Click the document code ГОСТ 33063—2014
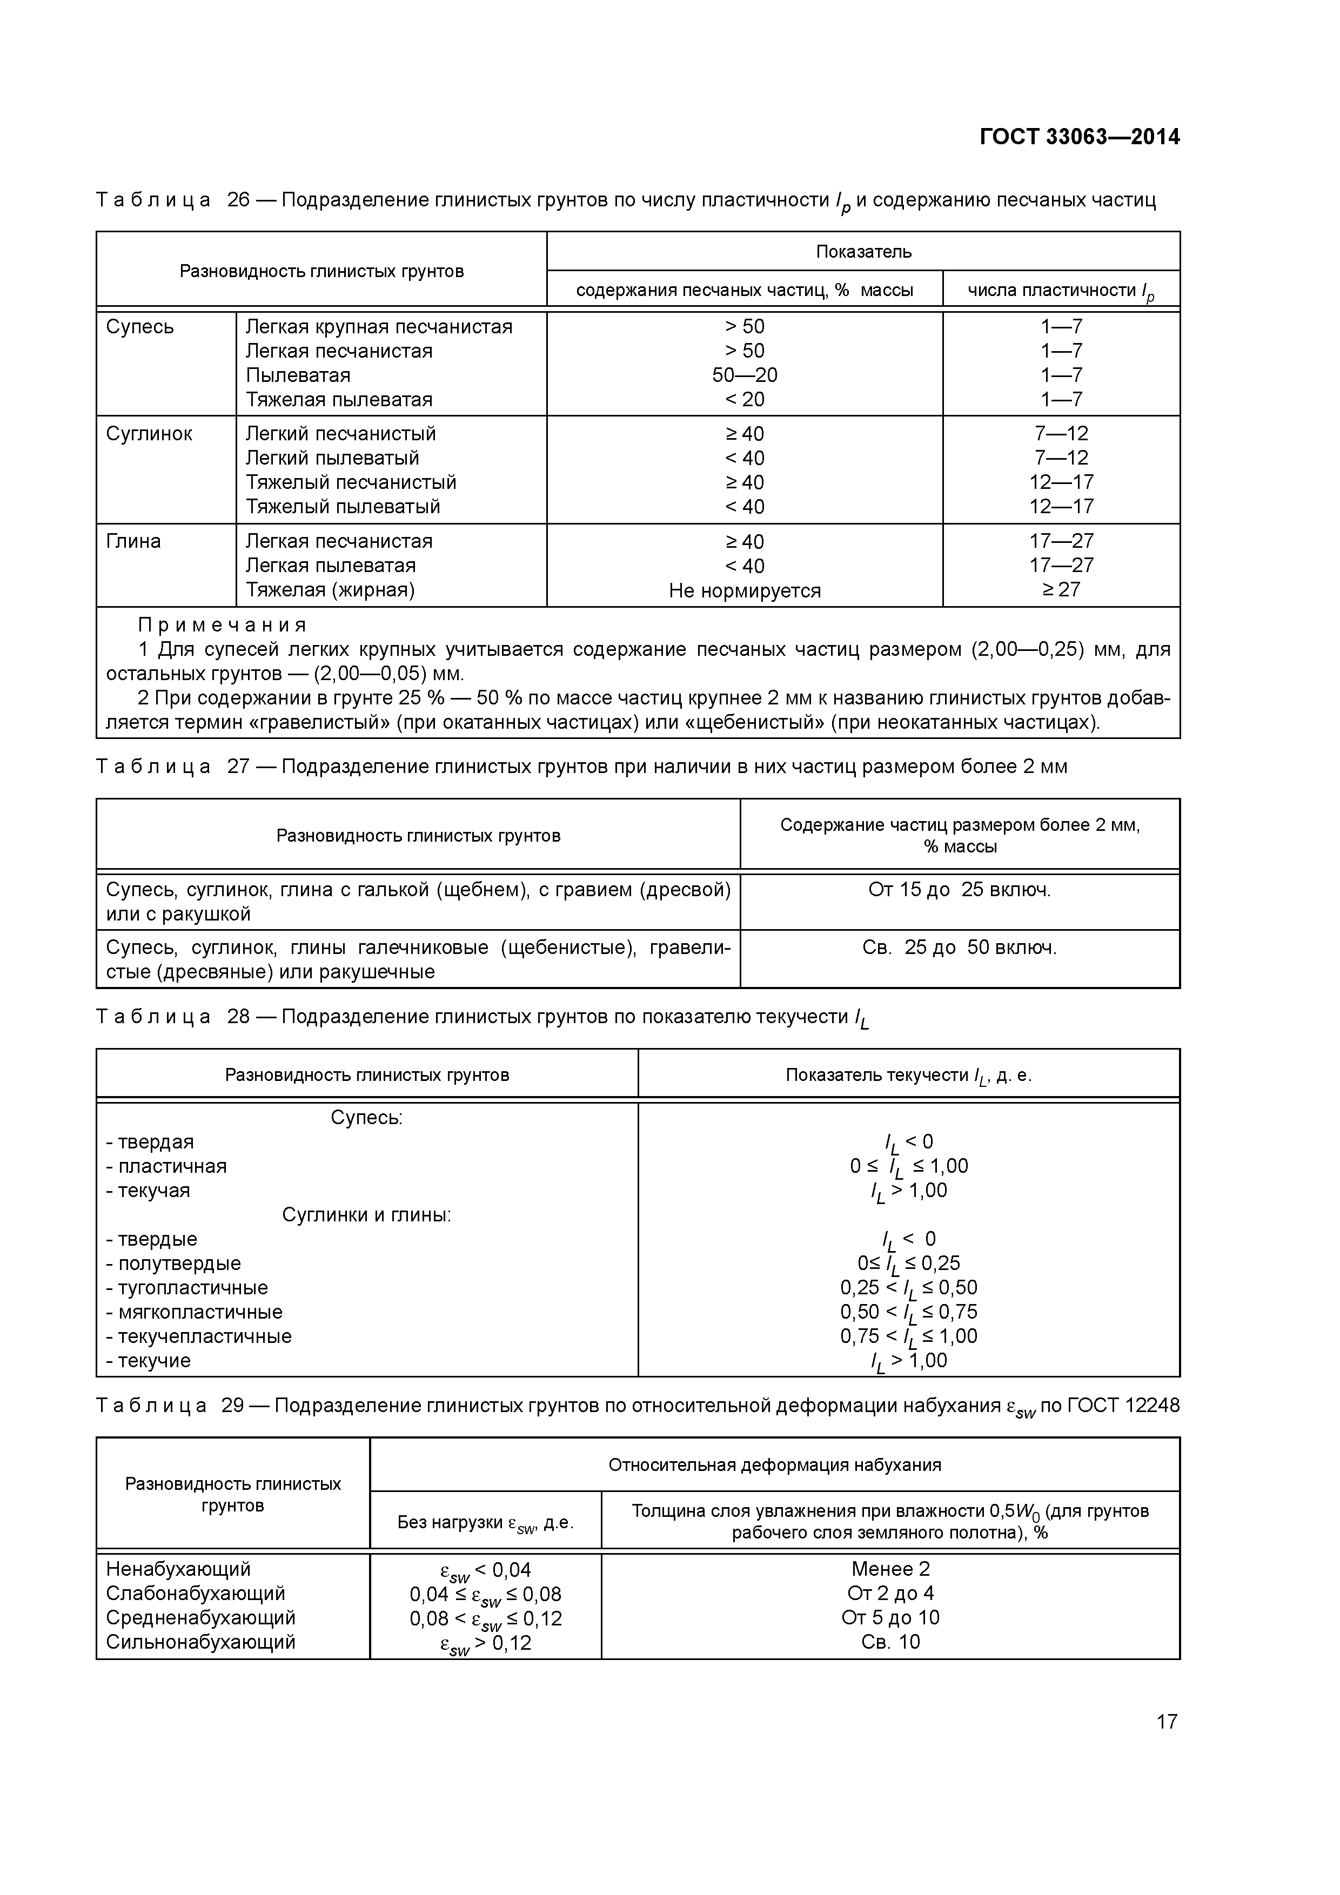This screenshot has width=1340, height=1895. coord(1079,137)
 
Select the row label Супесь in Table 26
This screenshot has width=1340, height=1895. coord(139,327)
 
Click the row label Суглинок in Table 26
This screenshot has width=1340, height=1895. coord(149,434)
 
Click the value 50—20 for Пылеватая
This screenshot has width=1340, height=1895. coord(744,375)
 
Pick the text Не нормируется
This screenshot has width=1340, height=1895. coord(744,591)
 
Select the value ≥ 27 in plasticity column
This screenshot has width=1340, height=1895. coord(1061,590)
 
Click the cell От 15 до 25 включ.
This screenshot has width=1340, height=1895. coord(960,890)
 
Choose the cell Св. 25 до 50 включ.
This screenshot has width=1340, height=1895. coord(960,947)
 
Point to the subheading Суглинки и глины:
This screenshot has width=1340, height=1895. coord(366,1215)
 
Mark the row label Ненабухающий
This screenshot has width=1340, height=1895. coord(178,1569)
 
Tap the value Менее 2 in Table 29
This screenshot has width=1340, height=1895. coord(890,1569)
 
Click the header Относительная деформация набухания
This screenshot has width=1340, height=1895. coord(774,1465)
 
